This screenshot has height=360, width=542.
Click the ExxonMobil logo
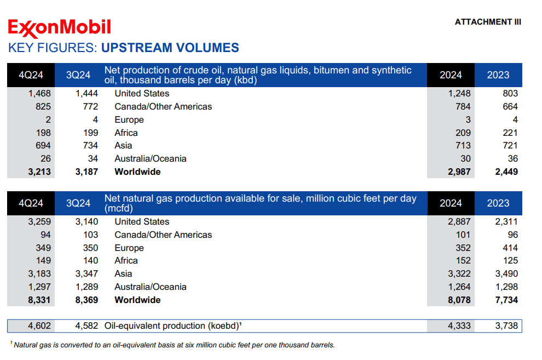point(59,27)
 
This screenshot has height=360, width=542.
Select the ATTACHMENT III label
point(488,22)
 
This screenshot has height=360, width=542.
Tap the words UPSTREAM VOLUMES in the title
point(170,48)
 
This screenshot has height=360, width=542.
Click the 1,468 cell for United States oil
point(39,94)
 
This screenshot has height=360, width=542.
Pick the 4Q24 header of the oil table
point(31,75)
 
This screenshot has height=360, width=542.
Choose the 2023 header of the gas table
point(498,203)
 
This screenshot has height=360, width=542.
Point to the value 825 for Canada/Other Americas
point(43,107)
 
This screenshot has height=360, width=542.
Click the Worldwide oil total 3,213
point(39,172)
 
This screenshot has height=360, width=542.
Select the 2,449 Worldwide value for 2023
point(506,172)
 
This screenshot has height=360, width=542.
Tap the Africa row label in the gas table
point(126,261)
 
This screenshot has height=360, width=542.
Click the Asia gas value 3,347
point(87,274)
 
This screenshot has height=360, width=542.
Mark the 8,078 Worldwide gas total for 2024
point(459,300)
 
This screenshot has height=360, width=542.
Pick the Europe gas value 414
point(510,248)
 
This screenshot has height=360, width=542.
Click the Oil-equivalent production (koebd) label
point(173,326)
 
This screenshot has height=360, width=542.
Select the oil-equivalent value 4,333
point(459,326)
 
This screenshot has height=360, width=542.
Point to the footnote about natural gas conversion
point(172,345)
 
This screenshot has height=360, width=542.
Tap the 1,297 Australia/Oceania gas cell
point(39,287)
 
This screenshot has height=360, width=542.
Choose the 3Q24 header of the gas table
point(78,203)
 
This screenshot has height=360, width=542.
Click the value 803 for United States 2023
point(510,94)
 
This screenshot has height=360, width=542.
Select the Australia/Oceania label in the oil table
point(150,159)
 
